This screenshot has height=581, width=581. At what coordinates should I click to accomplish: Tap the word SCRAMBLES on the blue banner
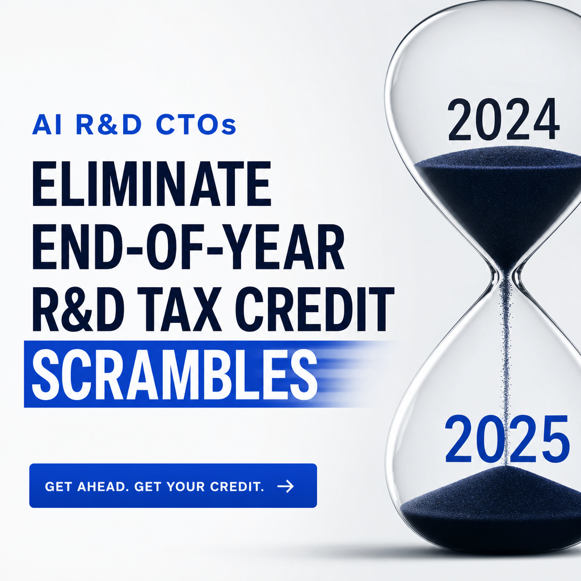tap(174, 373)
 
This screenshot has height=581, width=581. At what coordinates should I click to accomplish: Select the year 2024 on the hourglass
tap(503, 119)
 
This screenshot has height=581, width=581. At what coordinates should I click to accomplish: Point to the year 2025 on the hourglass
tap(507, 439)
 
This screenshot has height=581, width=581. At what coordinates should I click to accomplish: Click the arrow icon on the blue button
tap(286, 486)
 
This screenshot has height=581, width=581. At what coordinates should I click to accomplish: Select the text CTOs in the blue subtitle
tap(196, 125)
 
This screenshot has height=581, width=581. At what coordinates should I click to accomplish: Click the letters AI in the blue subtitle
tap(41, 125)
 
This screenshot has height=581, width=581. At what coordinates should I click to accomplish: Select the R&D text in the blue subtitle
tap(109, 125)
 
